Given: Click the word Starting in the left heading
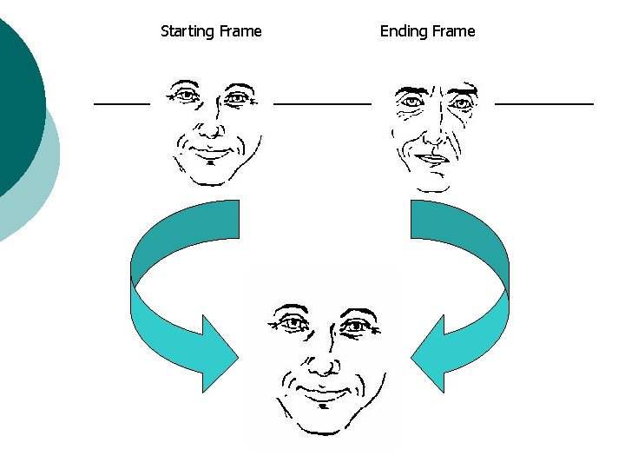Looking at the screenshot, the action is coord(187,32).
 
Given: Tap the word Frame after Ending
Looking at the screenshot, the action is coord(453,31).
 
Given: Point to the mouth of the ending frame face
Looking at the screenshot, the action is coord(431,159).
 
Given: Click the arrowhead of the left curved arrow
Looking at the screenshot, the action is coord(222,354).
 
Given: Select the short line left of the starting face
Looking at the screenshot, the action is coord(122,103).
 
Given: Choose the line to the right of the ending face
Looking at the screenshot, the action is coord(544,103).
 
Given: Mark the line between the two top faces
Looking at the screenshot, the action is coord(322,103).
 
